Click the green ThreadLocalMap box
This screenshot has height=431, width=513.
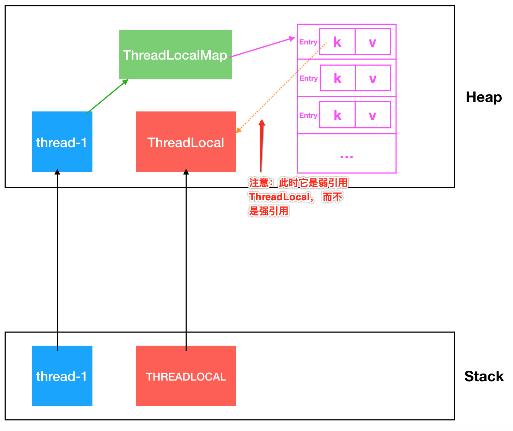point(175,55)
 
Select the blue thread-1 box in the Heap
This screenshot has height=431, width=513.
point(62,142)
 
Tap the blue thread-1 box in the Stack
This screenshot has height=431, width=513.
point(62,376)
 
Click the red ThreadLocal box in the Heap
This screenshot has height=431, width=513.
point(186,142)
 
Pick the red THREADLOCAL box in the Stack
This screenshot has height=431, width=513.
point(186,376)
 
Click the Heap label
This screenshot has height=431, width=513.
point(483,97)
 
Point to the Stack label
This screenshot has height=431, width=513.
point(483,376)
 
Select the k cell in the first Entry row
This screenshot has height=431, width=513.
point(337,42)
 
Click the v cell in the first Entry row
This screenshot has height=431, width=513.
point(373,42)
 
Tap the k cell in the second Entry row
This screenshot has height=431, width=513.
point(338,78)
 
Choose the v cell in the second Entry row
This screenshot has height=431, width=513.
point(373,78)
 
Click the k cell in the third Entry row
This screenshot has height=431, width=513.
point(337,115)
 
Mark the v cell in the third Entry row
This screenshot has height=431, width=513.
point(373,115)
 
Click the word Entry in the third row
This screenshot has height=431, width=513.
point(308,115)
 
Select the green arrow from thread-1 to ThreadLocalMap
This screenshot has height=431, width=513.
point(107,96)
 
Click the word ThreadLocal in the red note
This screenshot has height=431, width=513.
point(279,197)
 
